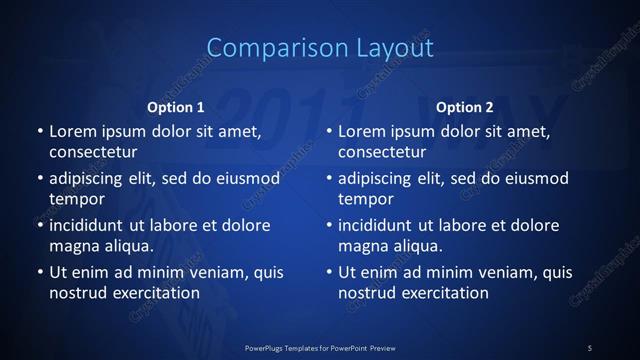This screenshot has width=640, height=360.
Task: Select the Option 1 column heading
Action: point(175,107)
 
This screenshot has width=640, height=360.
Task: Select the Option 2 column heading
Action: point(464,107)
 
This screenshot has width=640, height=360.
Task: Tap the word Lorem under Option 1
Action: point(72,131)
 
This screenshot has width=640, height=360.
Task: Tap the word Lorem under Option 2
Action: point(361,131)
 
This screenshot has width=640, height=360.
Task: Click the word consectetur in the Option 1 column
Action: point(93,152)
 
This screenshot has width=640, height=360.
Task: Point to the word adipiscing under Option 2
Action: point(379,178)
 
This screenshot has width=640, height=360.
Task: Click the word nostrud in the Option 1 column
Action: point(78,293)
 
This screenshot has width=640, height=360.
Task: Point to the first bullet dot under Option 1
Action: point(39,132)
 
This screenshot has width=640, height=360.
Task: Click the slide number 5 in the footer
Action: point(589,347)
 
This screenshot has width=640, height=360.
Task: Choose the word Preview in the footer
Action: point(379,347)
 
